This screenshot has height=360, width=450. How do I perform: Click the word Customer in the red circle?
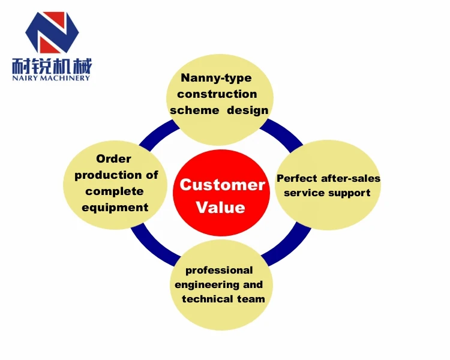222,185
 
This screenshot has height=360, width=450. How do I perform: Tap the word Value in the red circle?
221,208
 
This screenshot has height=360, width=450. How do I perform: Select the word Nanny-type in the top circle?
217,78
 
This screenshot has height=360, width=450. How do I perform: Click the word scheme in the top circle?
193,110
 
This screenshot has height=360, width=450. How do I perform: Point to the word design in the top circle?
247,110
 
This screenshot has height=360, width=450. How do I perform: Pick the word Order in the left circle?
113,159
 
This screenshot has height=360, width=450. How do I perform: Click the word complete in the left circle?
115,191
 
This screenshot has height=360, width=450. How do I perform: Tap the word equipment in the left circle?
115,208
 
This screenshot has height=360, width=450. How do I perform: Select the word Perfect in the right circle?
298,178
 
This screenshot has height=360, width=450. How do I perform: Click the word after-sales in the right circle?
351,178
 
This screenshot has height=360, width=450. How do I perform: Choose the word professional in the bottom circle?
219,270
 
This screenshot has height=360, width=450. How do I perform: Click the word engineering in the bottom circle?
206,284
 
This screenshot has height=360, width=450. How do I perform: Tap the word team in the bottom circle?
251,299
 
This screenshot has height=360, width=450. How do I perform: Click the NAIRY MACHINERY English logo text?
51,77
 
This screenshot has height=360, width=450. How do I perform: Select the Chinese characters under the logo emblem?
52,64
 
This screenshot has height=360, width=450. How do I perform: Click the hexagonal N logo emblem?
52,32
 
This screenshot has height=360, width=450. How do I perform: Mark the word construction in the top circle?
217,94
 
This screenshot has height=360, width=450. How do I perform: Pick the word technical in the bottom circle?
208,299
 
